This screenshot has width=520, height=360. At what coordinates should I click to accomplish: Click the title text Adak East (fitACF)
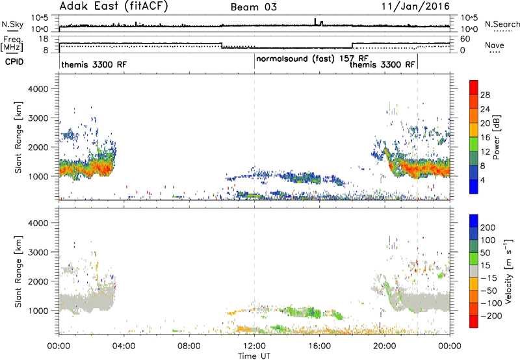tap(114, 6)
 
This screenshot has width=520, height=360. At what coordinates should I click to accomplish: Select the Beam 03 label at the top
tap(253, 7)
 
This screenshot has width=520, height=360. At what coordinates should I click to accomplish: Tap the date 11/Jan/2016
tap(415, 6)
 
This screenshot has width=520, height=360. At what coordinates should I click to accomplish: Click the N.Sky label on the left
tap(12, 24)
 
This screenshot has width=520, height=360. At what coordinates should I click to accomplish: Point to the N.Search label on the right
tap(502, 24)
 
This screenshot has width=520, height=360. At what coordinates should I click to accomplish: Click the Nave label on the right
tap(495, 45)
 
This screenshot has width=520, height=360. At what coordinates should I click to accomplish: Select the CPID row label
tap(14, 62)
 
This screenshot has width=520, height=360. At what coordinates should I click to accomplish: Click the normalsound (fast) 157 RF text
tap(313, 59)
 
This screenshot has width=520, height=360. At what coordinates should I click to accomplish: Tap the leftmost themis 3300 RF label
tap(94, 64)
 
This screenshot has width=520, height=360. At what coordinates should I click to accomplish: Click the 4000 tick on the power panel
tap(38, 89)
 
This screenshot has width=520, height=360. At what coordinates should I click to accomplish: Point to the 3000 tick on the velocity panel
tap(38, 252)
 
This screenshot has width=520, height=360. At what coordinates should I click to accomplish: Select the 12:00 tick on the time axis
tap(254, 346)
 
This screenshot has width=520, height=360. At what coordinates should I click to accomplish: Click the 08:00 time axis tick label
tap(189, 346)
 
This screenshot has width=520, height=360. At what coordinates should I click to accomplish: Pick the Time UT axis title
tap(254, 356)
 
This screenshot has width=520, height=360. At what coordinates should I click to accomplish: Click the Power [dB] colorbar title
tap(497, 137)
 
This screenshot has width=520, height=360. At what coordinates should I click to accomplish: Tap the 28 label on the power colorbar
tap(485, 95)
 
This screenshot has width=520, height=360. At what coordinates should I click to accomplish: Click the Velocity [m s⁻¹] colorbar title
tap(508, 271)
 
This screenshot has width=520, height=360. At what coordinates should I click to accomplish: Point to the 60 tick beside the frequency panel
tap(465, 39)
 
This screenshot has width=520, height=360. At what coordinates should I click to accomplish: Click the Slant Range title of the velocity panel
tap(18, 272)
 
